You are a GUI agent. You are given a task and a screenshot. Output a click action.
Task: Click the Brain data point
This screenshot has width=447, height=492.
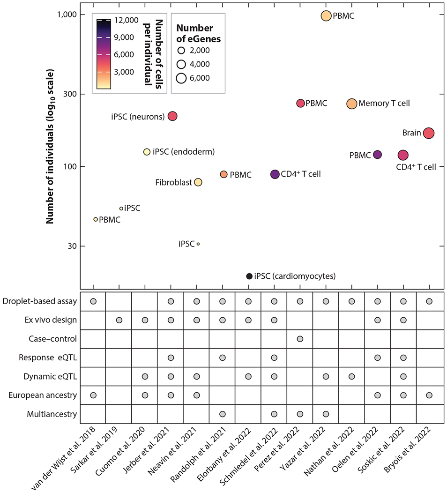[428, 133]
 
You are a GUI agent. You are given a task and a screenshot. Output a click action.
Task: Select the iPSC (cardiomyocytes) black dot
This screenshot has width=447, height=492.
[249, 276]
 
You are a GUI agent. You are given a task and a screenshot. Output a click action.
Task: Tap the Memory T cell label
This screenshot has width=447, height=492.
[384, 104]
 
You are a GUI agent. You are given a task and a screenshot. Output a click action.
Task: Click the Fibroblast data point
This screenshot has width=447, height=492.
[198, 182]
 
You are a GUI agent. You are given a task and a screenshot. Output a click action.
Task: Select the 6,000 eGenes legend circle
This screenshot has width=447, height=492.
[182, 78]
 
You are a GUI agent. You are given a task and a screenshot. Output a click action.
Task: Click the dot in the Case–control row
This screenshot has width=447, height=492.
[300, 339]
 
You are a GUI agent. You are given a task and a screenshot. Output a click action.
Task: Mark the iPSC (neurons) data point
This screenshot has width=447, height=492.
[172, 116]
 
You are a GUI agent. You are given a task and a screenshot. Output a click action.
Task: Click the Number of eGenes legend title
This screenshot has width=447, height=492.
[198, 34]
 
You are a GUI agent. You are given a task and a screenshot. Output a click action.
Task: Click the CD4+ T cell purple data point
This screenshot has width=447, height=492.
[275, 174]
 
